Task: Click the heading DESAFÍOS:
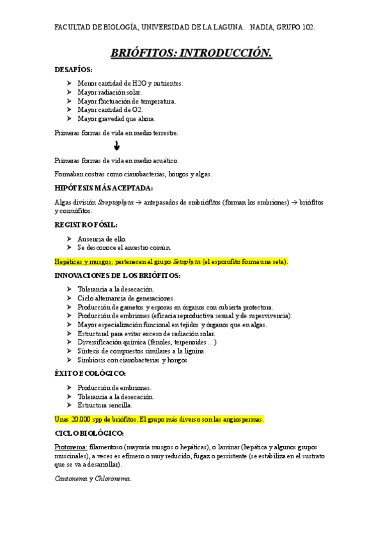click(74, 70)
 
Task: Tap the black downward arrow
click(116, 146)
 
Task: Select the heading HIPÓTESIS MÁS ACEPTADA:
click(104, 188)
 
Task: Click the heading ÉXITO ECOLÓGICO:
click(90, 373)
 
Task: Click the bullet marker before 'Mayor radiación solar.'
click(70, 92)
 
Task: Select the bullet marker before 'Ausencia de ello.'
click(70, 238)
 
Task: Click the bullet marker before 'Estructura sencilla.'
click(70, 405)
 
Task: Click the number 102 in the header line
click(308, 28)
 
